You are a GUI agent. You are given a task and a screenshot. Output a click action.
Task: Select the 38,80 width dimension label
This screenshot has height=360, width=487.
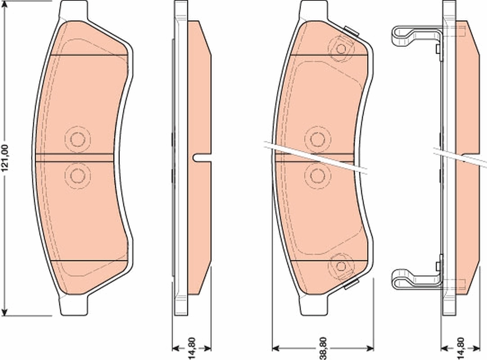(323, 348)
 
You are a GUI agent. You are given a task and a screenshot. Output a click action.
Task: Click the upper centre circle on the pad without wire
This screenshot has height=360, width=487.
(77, 139)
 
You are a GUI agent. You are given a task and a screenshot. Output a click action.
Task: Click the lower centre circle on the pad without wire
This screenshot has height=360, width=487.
(77, 175)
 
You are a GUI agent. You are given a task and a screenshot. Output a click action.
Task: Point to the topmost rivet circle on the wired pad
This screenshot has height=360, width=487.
(341, 49)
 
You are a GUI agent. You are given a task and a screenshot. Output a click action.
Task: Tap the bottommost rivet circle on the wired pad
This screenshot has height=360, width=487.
(341, 266)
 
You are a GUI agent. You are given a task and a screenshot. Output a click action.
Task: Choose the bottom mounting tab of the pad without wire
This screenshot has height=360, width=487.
(73, 306)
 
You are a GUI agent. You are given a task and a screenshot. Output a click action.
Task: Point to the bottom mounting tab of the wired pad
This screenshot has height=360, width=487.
(313, 306)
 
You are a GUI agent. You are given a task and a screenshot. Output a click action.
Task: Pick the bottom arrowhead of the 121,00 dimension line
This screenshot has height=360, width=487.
(5, 311)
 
